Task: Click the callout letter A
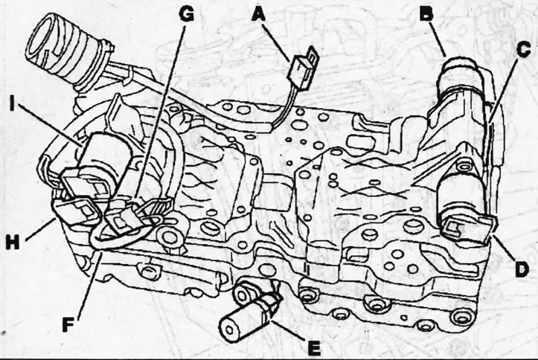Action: click(x=260, y=15)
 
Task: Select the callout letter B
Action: click(x=426, y=14)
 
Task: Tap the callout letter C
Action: click(x=523, y=49)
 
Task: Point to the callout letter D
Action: click(x=522, y=269)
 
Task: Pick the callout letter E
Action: click(x=313, y=347)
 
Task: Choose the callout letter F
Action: click(x=68, y=324)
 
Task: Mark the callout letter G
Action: click(x=186, y=14)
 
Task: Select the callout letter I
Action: click(x=13, y=104)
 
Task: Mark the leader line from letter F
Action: click(x=89, y=285)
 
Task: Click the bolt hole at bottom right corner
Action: click(x=459, y=317)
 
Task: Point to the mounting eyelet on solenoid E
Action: click(x=242, y=292)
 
